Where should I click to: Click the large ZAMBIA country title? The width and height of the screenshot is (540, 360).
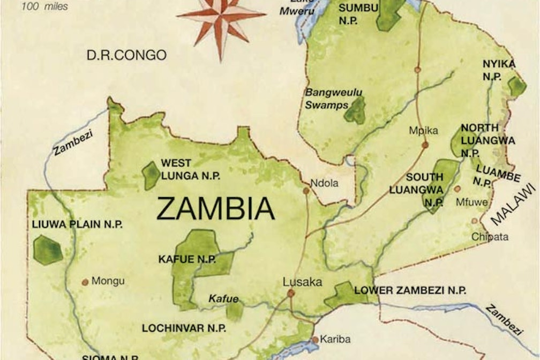tap(215, 209)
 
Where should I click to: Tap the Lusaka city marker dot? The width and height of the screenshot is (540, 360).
tap(291, 294)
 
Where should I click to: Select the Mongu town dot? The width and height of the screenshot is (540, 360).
tap(85, 281)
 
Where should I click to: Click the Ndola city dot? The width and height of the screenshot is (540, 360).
tap(306, 191)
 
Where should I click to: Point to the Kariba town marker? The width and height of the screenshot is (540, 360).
tap(316, 339)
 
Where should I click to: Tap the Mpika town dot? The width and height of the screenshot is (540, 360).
tap(425, 145)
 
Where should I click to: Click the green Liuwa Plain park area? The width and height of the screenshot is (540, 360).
tap(48, 250)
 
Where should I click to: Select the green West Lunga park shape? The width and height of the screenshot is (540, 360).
tap(152, 176)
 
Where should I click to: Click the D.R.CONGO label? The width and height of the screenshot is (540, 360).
tap(127, 55)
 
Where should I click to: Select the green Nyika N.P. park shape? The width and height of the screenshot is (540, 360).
tap(516, 86)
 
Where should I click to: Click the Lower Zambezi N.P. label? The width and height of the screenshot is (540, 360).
tap(410, 290)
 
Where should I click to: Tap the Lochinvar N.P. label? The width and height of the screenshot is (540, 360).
tap(184, 328)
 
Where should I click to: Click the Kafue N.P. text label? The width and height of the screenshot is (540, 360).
tap(187, 259)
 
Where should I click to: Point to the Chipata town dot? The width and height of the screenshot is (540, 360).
tap(474, 221)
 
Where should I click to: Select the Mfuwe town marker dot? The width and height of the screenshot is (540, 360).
tap(457, 189)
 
